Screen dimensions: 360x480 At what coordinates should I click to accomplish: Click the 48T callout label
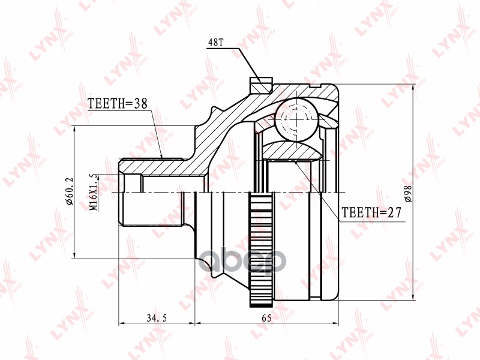click(216, 43)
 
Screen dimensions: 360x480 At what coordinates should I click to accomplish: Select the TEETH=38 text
click(118, 103)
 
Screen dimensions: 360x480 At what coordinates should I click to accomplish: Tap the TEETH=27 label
click(370, 212)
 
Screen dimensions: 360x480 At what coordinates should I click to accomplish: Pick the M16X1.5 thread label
click(93, 192)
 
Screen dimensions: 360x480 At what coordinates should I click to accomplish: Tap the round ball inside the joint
click(296, 120)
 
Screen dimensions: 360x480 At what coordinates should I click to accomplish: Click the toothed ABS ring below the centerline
click(259, 252)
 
